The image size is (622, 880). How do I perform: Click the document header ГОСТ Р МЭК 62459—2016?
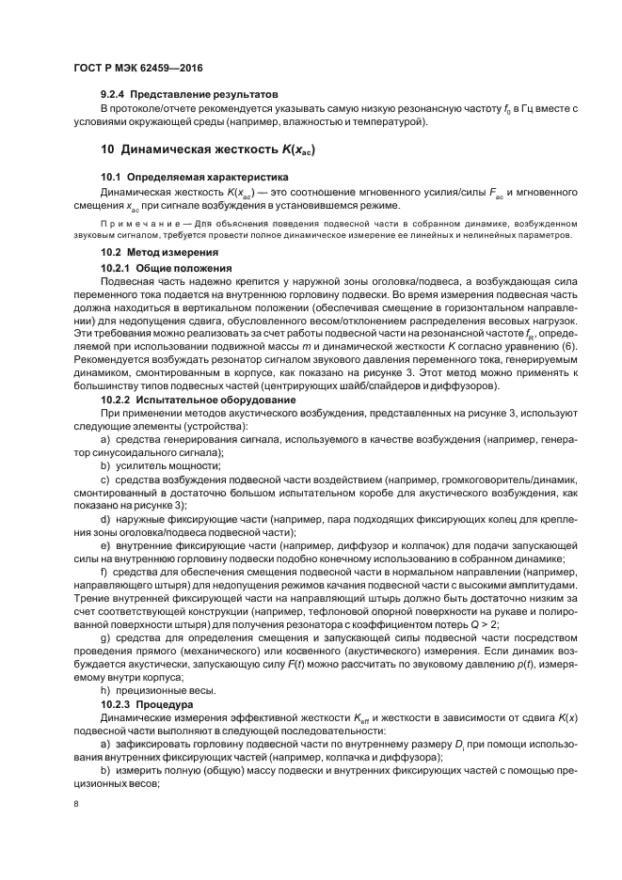click(137, 69)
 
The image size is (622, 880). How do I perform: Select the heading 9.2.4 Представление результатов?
click(189, 95)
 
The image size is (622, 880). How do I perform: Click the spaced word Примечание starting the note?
click(133, 224)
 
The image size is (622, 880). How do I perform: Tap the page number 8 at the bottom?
click(76, 804)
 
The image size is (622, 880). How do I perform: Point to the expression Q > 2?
click(534, 622)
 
